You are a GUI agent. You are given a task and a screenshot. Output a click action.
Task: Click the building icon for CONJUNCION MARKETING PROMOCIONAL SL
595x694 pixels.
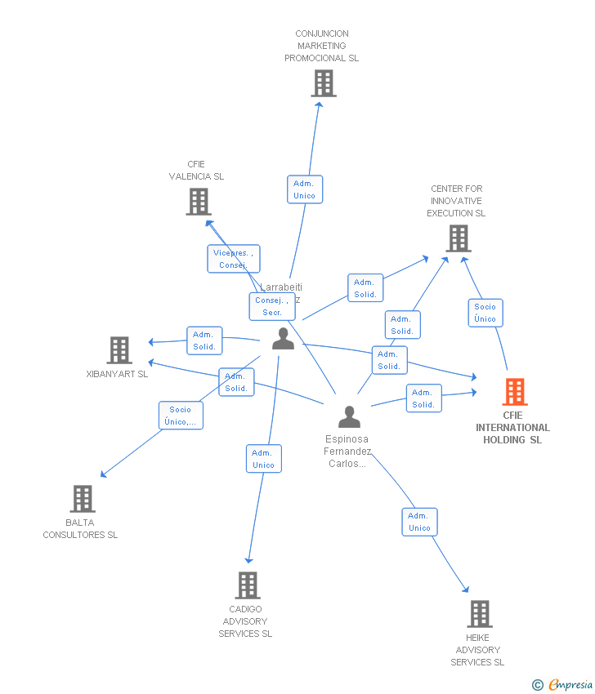tap(324, 83)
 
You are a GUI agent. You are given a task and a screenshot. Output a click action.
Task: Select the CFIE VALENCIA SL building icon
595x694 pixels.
tap(199, 202)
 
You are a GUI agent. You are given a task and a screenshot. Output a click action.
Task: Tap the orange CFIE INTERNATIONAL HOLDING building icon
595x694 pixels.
tap(514, 392)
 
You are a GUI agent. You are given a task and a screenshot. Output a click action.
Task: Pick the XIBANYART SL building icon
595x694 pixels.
tap(119, 350)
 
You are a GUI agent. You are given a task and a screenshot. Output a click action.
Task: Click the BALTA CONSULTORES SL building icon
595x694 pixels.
tap(82, 498)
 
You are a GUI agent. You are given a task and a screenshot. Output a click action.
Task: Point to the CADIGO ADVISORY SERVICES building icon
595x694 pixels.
tap(248, 585)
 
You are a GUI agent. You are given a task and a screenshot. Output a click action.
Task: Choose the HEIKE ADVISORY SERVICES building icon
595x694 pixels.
tap(479, 613)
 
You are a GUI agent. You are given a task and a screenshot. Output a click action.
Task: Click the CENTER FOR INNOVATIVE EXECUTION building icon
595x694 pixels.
tap(458, 238)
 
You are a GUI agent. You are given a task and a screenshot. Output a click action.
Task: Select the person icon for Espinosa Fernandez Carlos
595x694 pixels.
tap(349, 417)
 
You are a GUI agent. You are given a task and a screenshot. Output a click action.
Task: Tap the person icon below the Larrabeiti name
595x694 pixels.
tap(283, 339)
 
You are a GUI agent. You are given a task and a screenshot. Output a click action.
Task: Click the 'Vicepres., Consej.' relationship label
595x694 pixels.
tap(233, 259)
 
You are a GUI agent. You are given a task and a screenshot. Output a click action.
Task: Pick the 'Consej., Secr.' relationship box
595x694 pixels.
tap(272, 306)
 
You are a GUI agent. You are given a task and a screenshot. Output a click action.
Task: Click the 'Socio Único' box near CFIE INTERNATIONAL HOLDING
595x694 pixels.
tap(485, 313)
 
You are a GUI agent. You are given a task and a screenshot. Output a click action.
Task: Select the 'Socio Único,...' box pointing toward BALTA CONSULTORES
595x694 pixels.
tap(181, 416)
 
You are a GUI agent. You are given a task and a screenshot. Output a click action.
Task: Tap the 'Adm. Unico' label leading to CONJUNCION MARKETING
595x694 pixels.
tap(304, 189)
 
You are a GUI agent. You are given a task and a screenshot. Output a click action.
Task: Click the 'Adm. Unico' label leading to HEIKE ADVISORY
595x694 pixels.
tap(418, 522)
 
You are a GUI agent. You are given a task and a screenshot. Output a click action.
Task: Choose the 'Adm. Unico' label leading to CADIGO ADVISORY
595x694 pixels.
tap(263, 459)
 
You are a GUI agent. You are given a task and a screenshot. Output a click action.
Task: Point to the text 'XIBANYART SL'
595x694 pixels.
tap(117, 374)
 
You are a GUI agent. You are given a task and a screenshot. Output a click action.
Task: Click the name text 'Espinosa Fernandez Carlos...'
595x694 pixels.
tap(348, 451)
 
